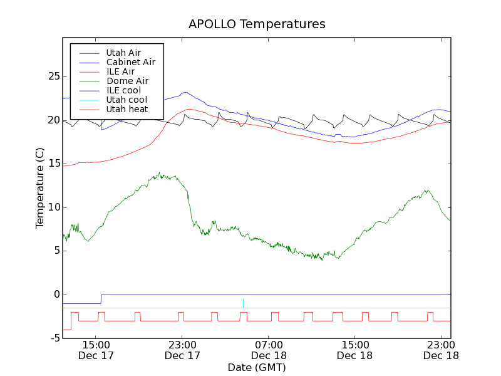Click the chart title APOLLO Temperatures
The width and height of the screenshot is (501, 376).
click(257, 24)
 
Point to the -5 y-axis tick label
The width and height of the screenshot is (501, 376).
click(54, 338)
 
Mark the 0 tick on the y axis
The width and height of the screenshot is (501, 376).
click(56, 295)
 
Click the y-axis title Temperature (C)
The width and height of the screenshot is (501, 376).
click(39, 188)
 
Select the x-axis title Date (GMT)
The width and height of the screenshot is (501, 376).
click(257, 367)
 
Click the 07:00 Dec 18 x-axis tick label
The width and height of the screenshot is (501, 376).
click(269, 350)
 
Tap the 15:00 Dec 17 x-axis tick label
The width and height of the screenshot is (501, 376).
click(96, 350)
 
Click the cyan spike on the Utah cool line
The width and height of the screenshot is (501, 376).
click(244, 302)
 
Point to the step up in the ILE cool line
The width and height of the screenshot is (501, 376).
click(101, 299)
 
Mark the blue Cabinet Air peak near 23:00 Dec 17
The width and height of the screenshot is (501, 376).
click(185, 93)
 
